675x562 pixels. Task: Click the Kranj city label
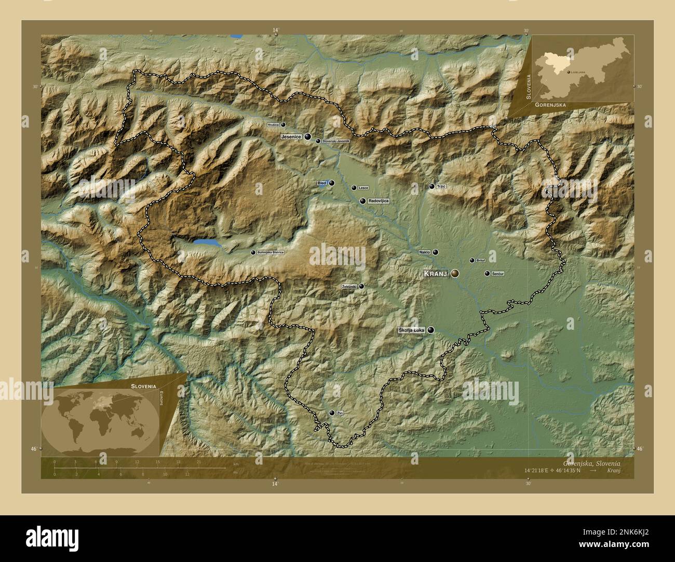(435, 274)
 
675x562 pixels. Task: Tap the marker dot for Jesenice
(308, 137)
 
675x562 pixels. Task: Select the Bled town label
(322, 184)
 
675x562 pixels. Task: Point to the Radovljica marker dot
(362, 201)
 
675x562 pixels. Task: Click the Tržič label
(441, 187)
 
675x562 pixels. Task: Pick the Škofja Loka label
(411, 330)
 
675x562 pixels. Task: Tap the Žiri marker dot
(332, 413)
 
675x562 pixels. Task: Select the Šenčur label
(498, 273)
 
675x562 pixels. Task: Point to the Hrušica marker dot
(283, 125)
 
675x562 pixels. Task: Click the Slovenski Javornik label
(336, 141)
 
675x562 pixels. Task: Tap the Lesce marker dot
(354, 188)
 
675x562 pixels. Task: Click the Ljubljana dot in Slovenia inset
(569, 72)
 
